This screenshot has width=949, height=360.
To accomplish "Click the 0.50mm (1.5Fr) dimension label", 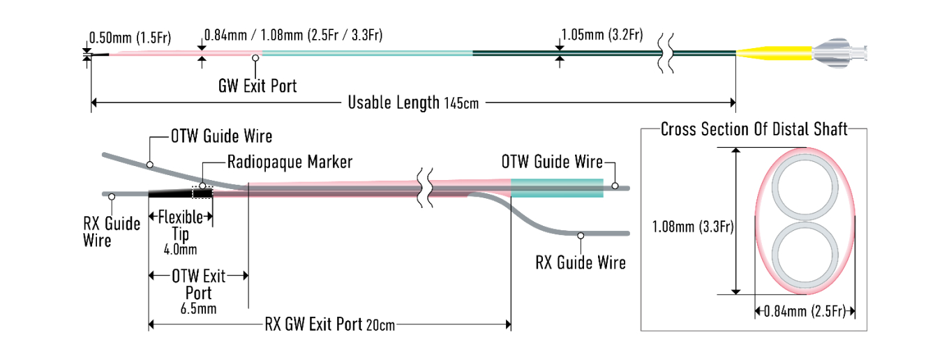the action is [x=130, y=38].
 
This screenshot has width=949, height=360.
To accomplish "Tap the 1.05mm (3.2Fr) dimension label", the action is [x=602, y=35].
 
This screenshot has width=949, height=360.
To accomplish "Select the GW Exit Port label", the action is [x=257, y=86].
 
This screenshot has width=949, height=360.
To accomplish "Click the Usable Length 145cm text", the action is [x=413, y=103].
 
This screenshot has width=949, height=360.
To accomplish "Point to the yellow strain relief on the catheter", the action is [x=774, y=53].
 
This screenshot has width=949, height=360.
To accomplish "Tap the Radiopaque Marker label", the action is [x=290, y=162].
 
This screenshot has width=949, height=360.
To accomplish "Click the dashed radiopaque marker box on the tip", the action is [x=202, y=193].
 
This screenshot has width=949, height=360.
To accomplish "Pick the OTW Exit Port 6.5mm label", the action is [x=198, y=292].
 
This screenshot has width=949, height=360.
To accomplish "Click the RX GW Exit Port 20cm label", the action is [x=329, y=324].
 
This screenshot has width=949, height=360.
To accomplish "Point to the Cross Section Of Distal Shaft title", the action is [x=754, y=129].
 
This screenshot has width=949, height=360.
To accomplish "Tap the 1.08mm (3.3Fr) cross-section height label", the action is [x=693, y=227].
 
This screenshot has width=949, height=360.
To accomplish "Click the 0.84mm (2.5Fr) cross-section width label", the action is [x=805, y=312].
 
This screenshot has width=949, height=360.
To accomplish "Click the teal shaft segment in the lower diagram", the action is [x=557, y=188].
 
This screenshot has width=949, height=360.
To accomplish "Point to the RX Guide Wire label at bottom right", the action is [x=581, y=262].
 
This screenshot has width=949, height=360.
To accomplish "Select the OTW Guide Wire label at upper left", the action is [x=222, y=136].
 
